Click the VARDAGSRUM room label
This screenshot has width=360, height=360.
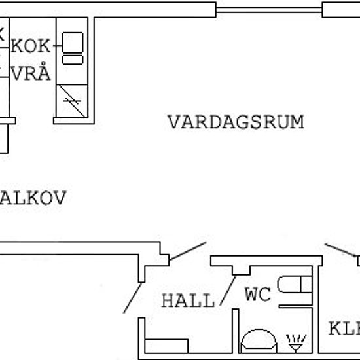pos(236,122)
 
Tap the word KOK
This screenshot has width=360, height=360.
pos(31,46)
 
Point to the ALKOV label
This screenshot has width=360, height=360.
pos(33,198)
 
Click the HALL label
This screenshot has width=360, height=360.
pos(188,301)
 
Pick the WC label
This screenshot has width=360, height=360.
pos(257,295)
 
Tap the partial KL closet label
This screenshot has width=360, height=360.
pos(344,327)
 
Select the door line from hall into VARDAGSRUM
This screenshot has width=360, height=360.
pos(188,251)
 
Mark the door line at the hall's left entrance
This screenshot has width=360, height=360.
pos(132,298)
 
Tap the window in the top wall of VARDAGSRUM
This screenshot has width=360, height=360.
pos(269,9)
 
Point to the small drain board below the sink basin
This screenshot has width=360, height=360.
pos(72,60)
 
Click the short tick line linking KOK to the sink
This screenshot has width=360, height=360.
pos(57,46)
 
